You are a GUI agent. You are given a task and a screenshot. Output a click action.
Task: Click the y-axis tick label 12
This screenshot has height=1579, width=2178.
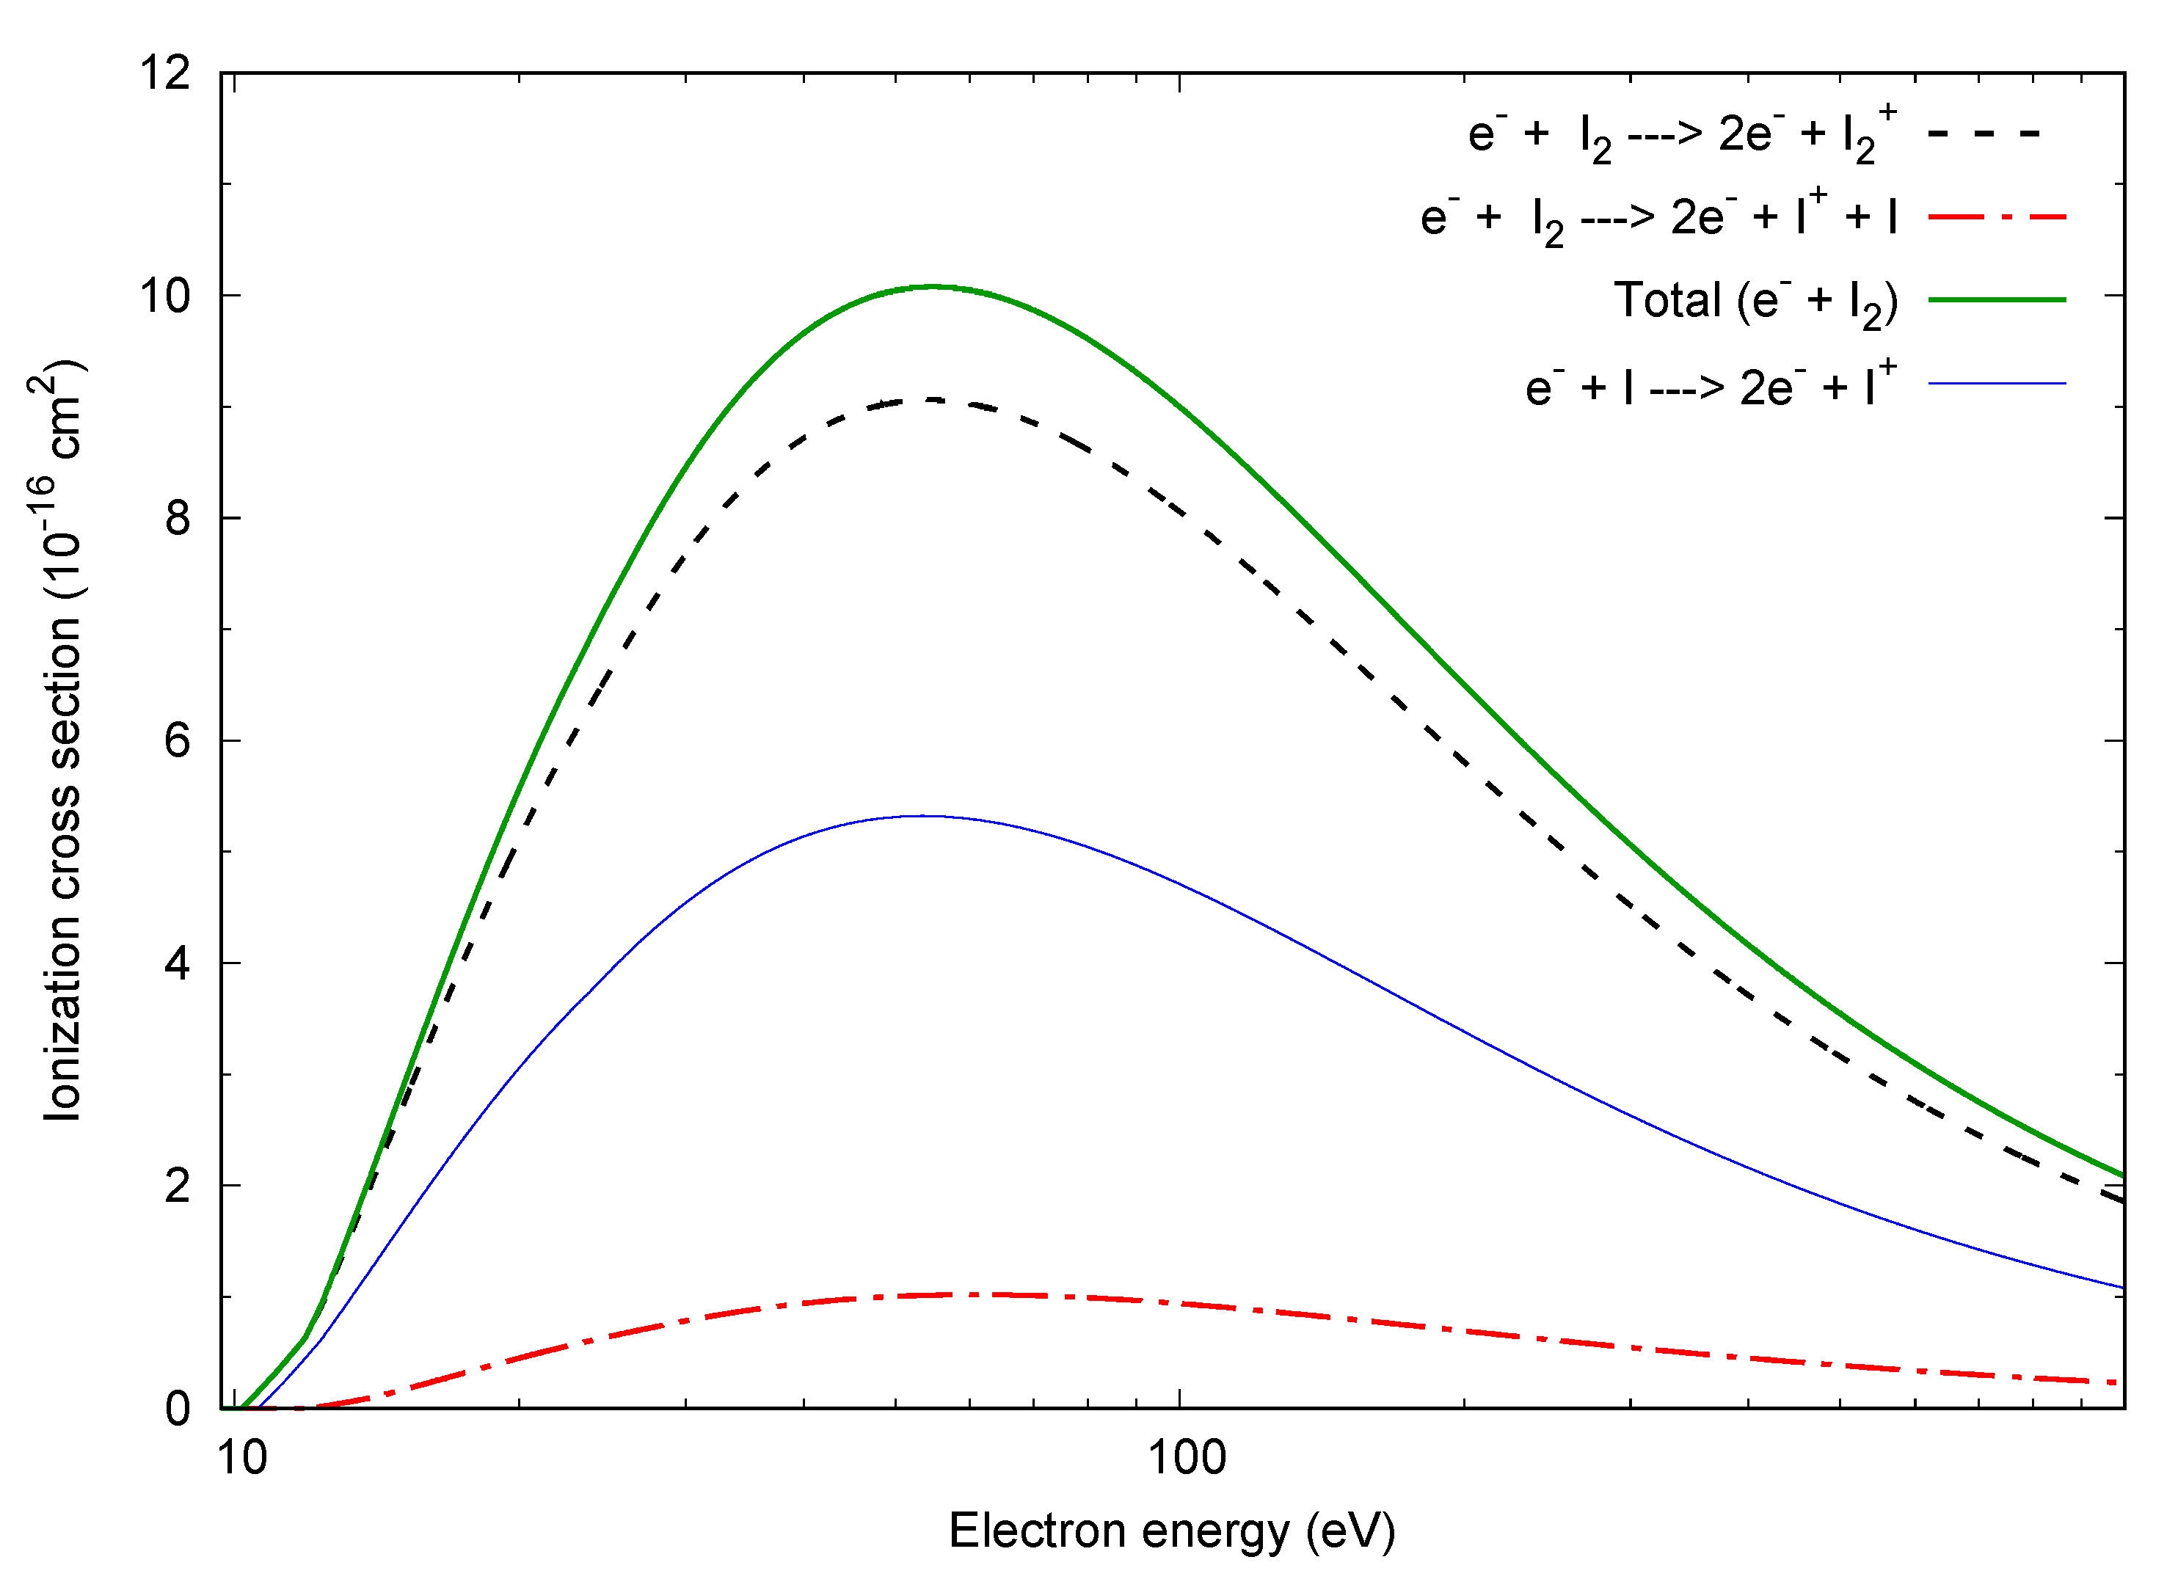pyautogui.click(x=166, y=73)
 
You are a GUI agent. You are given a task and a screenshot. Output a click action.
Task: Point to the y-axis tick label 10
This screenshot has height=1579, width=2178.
pyautogui.click(x=166, y=296)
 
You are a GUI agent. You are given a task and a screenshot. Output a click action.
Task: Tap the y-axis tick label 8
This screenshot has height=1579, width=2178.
pyautogui.click(x=178, y=519)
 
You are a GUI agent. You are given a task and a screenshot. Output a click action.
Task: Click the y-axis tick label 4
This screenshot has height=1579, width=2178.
pyautogui.click(x=178, y=963)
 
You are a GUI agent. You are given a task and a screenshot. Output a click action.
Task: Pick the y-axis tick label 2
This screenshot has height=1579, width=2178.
pyautogui.click(x=178, y=1186)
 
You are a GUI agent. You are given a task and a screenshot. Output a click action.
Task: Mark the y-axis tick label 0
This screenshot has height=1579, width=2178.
pyautogui.click(x=178, y=1409)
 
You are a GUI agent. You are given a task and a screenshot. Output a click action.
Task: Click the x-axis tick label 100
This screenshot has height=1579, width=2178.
pyautogui.click(x=1188, y=1458)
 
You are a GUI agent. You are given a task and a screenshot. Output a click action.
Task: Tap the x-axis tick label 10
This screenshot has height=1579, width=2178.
pyautogui.click(x=242, y=1458)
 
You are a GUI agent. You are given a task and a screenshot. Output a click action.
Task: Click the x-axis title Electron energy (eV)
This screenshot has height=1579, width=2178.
pyautogui.click(x=1173, y=1532)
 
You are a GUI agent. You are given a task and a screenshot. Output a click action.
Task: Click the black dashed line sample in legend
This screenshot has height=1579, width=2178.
pyautogui.click(x=1984, y=134)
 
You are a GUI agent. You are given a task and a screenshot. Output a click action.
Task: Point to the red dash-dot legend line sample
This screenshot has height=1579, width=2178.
pyautogui.click(x=1997, y=217)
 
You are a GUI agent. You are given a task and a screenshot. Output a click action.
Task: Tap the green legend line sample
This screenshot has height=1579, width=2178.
pyautogui.click(x=1997, y=299)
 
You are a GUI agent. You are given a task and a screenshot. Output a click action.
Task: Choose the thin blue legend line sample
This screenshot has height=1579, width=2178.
pyautogui.click(x=1997, y=383)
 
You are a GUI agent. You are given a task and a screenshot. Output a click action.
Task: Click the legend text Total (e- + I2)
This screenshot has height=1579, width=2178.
pyautogui.click(x=1755, y=302)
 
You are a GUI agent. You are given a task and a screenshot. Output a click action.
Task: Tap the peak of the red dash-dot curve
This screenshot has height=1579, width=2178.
pyautogui.click(x=989, y=1295)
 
